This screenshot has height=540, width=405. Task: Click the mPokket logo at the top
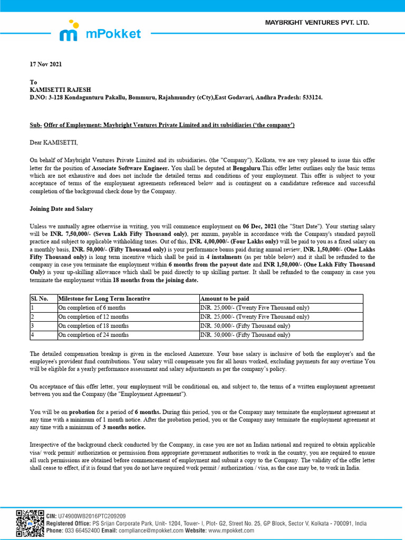(x=100, y=32)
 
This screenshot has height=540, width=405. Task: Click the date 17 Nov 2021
(x=45, y=64)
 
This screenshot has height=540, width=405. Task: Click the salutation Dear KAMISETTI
(x=53, y=142)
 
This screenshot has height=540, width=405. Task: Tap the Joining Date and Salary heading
(x=61, y=209)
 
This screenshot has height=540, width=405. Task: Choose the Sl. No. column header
(x=40, y=298)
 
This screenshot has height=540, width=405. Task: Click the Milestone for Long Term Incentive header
(x=104, y=298)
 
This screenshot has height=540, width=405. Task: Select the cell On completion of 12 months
(x=93, y=317)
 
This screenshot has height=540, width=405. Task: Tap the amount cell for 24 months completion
(x=245, y=335)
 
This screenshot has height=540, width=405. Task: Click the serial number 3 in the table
(x=33, y=326)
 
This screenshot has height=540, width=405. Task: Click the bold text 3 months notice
(x=124, y=427)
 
